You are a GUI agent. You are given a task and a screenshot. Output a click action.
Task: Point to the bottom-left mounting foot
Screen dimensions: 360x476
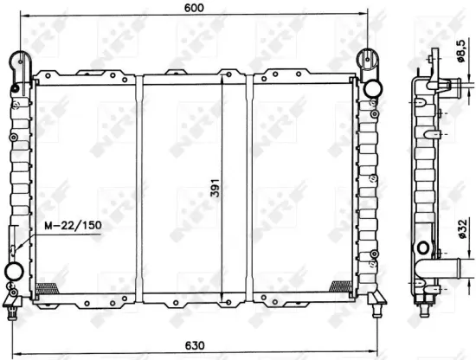pyautogui.click(x=13, y=300)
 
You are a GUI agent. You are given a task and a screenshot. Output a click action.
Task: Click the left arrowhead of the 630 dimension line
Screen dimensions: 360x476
pyautogui.click(x=9, y=338)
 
